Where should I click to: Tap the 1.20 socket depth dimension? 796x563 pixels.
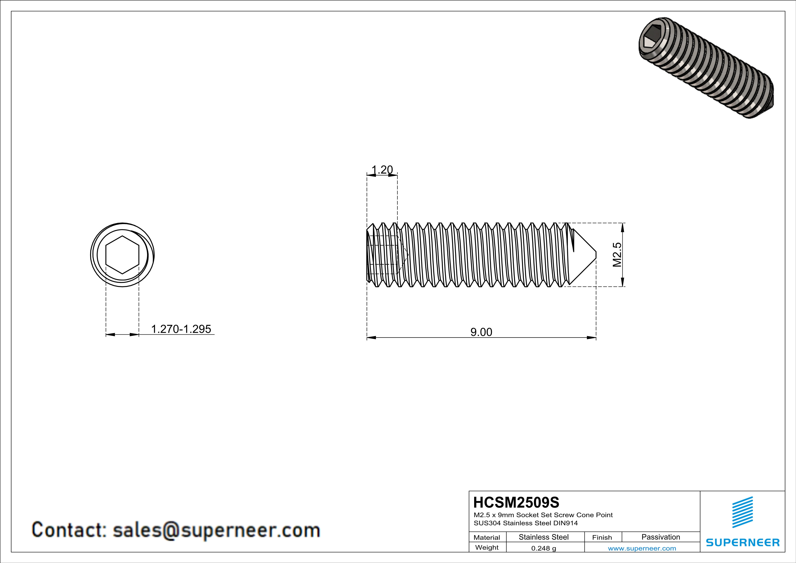[382, 170]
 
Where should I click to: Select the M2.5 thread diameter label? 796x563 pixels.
[617, 255]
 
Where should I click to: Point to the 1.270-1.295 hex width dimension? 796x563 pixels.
[181, 329]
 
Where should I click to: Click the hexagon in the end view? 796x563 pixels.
[122, 255]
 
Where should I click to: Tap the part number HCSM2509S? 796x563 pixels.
[516, 502]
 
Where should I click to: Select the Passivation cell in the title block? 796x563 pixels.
[660, 537]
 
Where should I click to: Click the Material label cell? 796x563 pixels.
[487, 537]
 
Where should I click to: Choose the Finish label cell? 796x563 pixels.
[602, 537]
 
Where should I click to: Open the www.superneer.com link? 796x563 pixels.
[642, 548]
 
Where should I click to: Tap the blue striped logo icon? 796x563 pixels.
[742, 512]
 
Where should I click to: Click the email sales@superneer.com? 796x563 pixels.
[216, 530]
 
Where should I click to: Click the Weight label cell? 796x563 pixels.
[487, 547]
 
